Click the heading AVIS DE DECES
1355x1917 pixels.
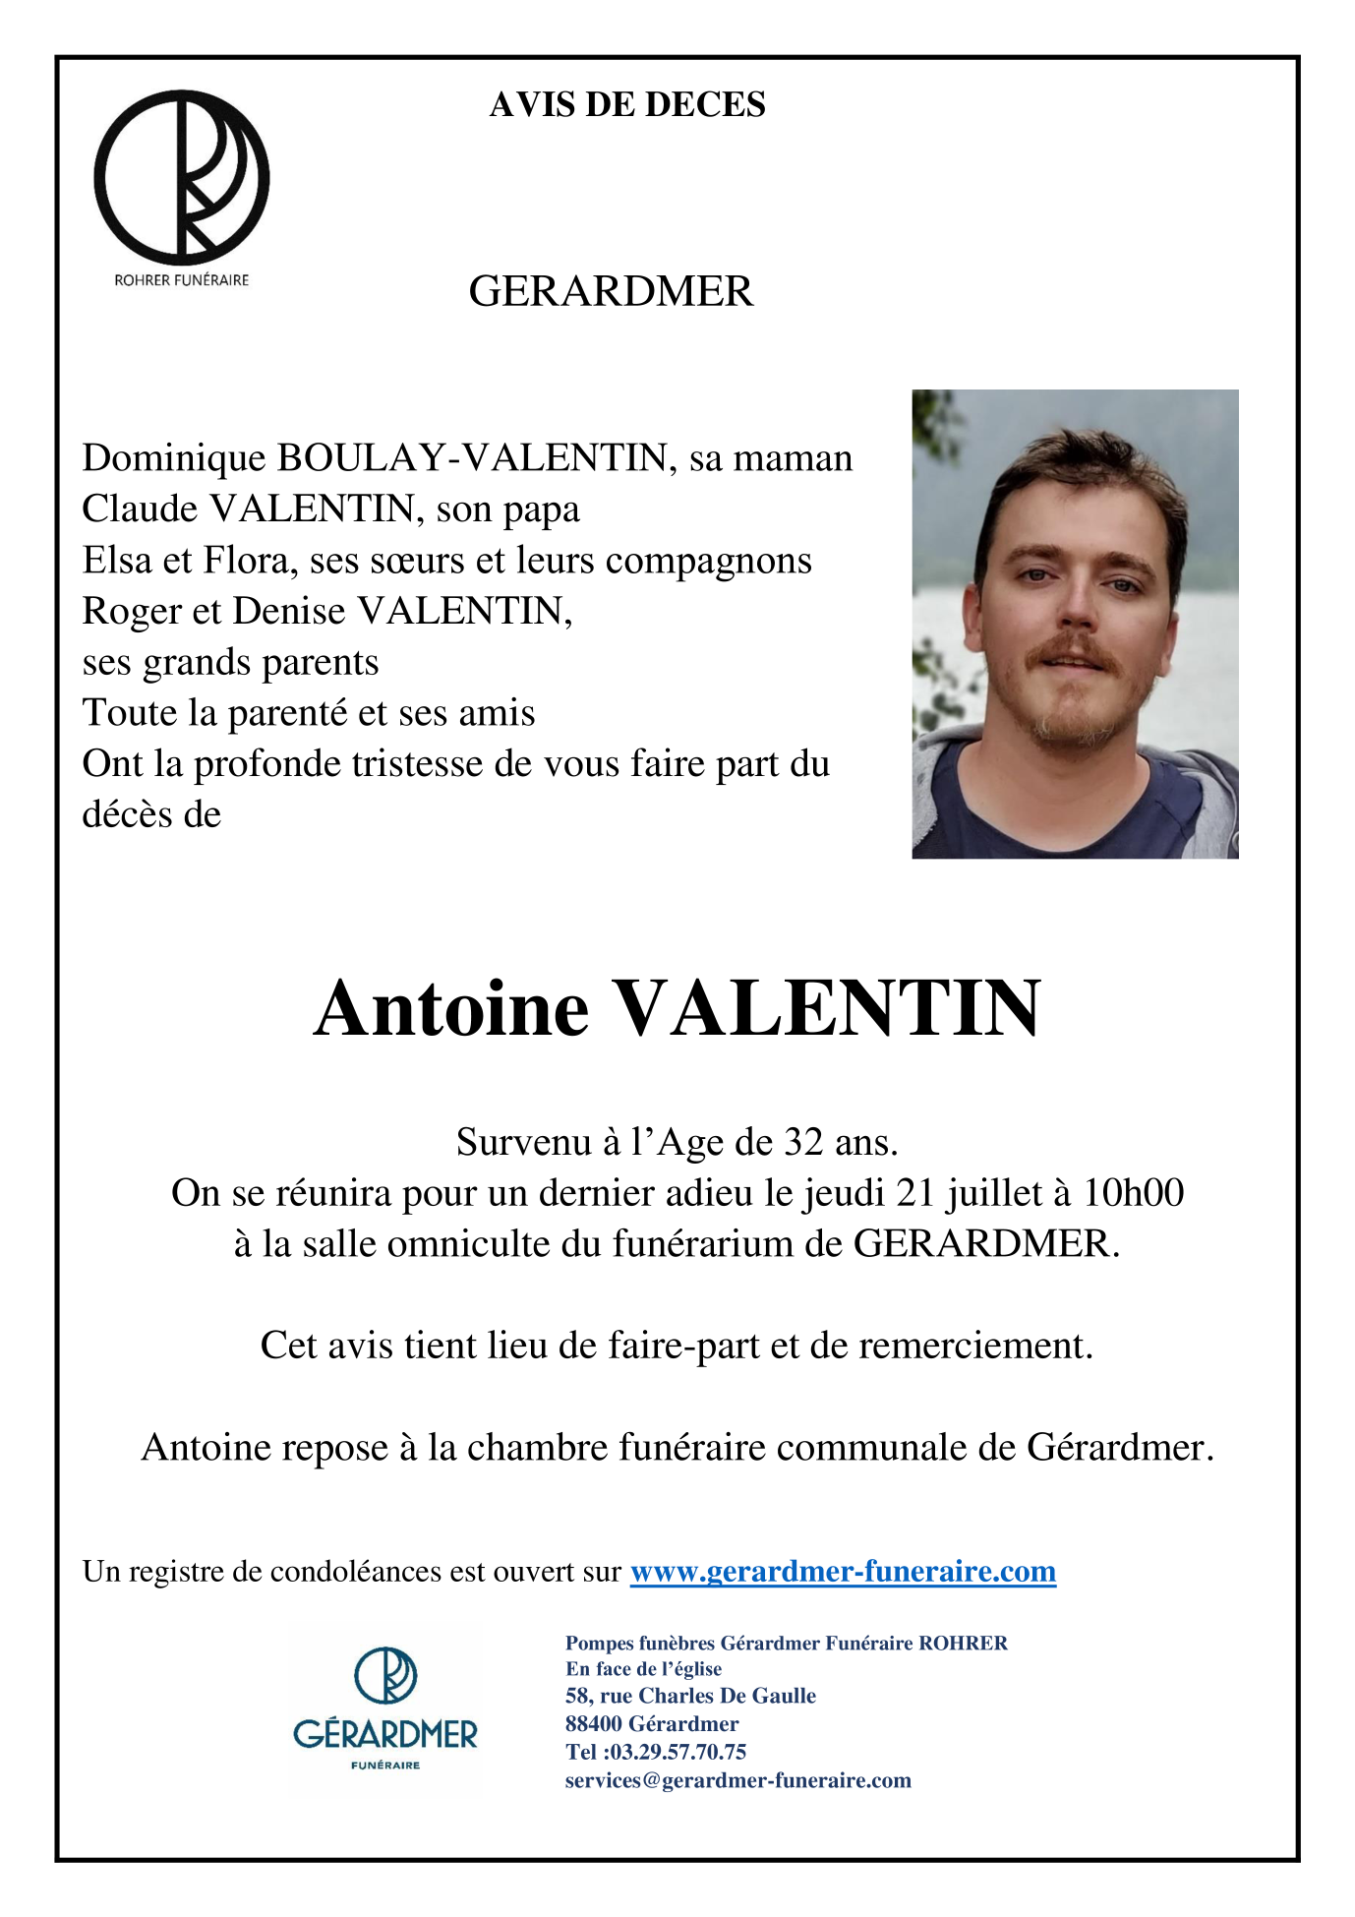627,105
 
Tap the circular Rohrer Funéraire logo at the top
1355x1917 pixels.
182,178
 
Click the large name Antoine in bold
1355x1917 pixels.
451,1009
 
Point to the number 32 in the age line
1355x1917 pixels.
803,1143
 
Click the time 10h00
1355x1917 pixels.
1133,1194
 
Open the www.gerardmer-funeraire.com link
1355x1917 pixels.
843,1572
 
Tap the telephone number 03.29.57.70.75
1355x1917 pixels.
678,1752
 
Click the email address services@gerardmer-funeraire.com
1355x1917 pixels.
737,1780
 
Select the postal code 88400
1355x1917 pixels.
593,1724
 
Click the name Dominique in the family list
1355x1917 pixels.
174,459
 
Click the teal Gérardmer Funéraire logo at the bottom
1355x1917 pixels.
385,1710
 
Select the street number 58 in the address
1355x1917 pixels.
578,1696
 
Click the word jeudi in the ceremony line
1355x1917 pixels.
845,1194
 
